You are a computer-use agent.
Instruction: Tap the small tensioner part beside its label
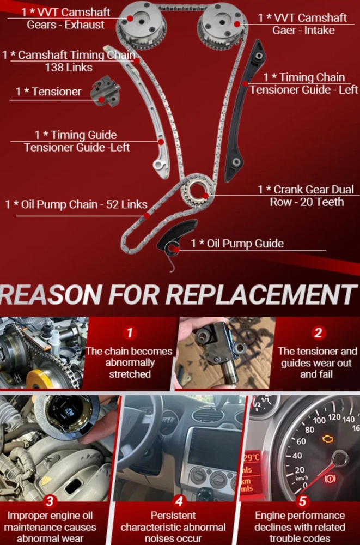pos(105,92)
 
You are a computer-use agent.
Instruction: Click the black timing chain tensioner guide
pos(245,111)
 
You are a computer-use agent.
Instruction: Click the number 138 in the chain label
pos(54,67)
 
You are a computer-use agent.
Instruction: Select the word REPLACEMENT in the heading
pos(261,294)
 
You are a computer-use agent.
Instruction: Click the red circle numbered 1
pos(130,333)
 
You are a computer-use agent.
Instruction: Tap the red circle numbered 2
pos(318,333)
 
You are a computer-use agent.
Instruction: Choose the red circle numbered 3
pos(50,501)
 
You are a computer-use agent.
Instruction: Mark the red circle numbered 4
pos(179,501)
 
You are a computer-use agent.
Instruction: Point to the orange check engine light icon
pos(327,439)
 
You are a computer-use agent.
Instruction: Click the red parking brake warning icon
pos(330,479)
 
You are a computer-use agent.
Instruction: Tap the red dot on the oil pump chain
pos(147,216)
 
